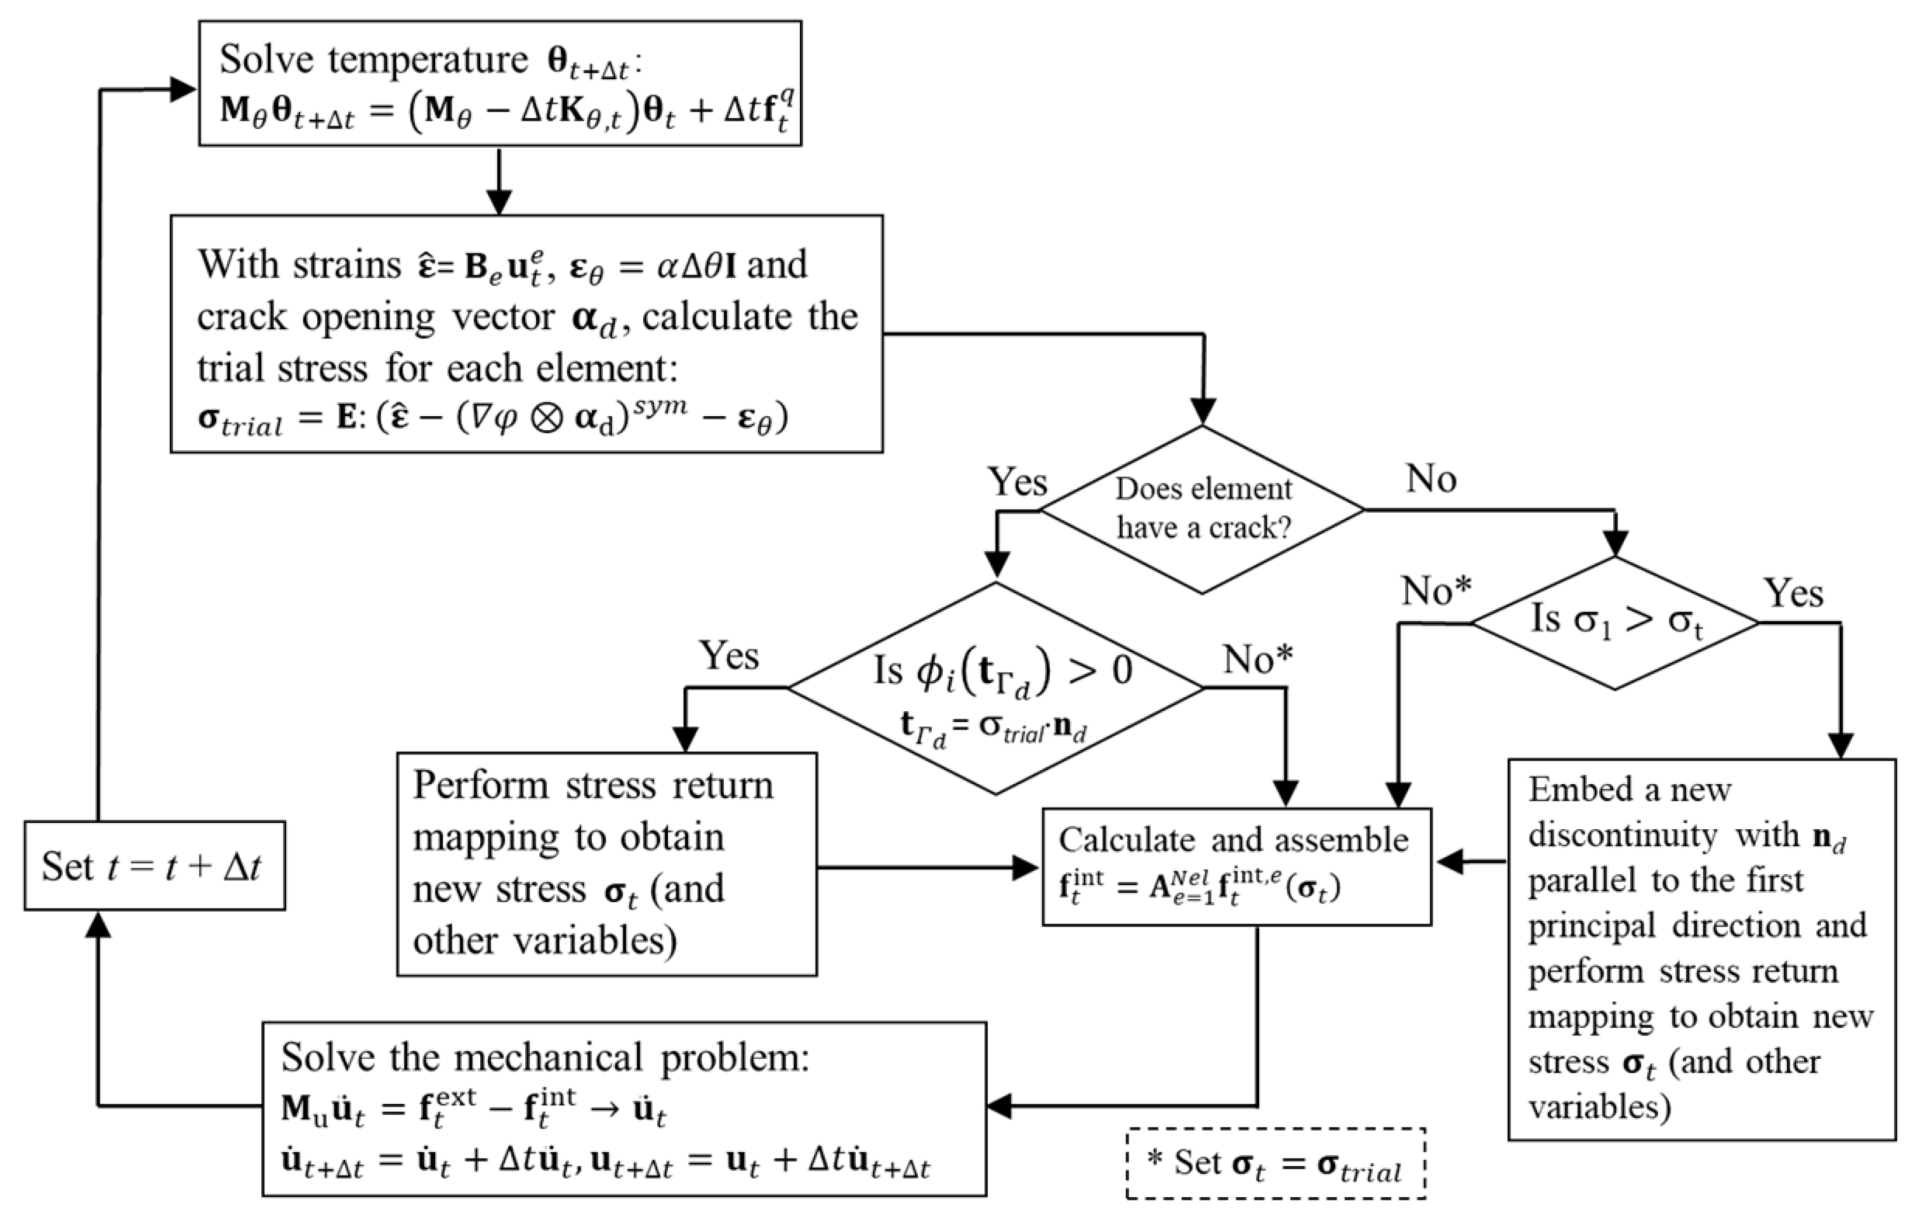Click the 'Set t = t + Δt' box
(x=154, y=865)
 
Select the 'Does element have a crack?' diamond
(x=1202, y=509)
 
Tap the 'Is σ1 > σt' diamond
(x=1614, y=623)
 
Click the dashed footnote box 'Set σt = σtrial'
(x=1275, y=1164)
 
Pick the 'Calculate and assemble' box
(x=1236, y=867)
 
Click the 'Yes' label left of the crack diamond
(x=1017, y=482)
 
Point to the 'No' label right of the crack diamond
(x=1430, y=478)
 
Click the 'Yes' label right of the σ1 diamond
(x=1793, y=593)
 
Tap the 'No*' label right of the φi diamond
(x=1257, y=659)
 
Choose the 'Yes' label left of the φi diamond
(x=728, y=655)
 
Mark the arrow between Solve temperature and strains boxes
(x=499, y=181)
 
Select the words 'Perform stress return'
(x=593, y=785)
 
